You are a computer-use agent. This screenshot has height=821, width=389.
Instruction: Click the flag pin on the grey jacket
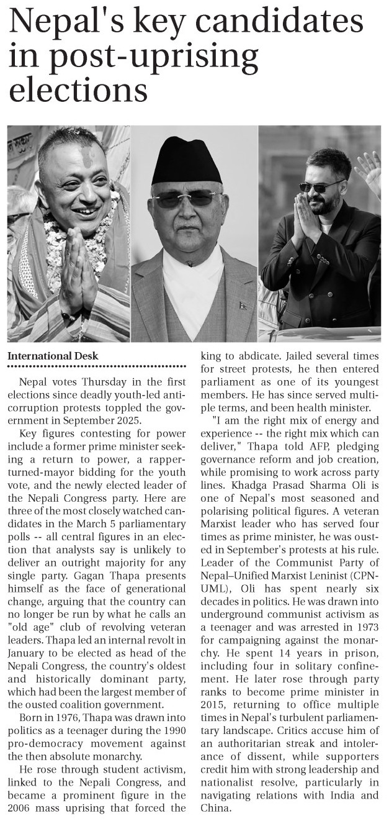coord(243,306)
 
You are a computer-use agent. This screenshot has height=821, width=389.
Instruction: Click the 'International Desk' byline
coord(53,356)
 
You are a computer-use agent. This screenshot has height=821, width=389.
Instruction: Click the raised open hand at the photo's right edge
coord(371,170)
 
